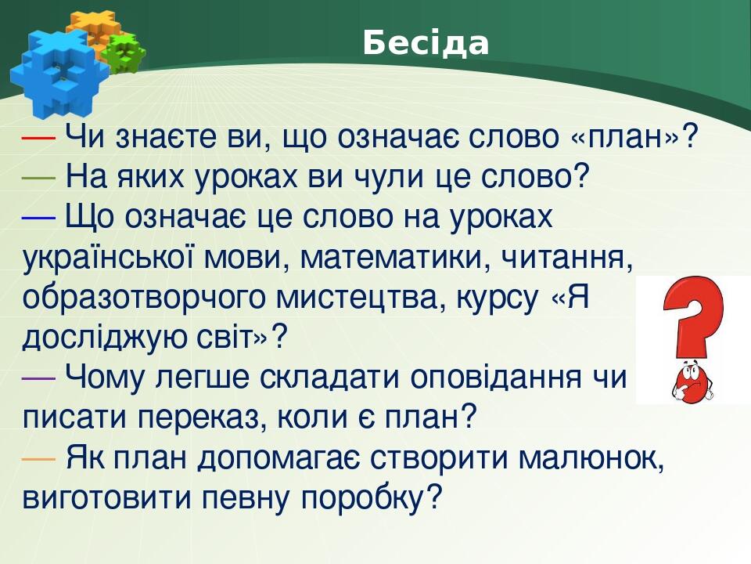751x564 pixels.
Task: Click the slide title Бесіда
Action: point(426,44)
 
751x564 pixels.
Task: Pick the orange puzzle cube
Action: point(91,31)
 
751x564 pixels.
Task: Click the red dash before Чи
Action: point(38,137)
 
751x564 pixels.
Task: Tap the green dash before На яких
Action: point(38,177)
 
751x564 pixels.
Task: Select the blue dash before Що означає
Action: point(38,217)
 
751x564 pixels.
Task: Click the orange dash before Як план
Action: point(38,457)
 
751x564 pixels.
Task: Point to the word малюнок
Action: point(595,457)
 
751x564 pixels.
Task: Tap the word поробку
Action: point(364,497)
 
